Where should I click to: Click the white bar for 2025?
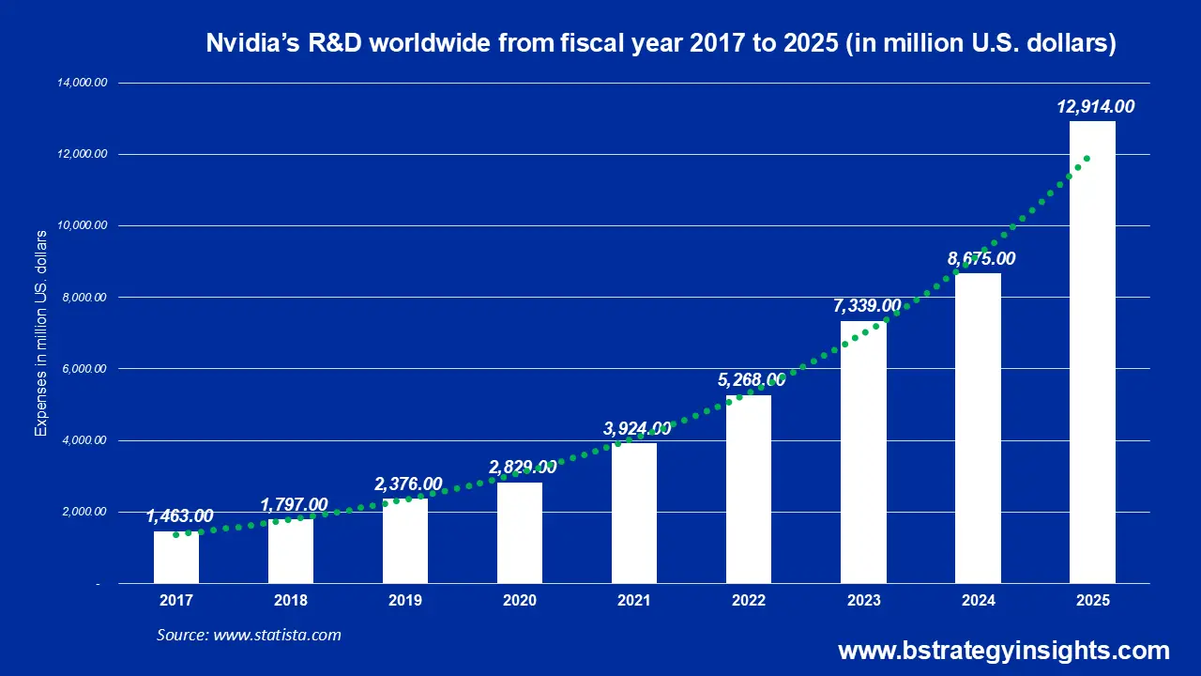tap(1092, 352)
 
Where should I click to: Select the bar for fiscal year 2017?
tap(176, 558)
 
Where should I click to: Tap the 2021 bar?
tap(634, 514)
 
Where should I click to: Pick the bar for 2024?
tap(978, 428)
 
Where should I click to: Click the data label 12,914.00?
tap(1095, 107)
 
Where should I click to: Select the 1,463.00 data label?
tap(179, 516)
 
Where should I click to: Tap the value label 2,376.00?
tap(408, 484)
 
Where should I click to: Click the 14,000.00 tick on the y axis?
tap(83, 83)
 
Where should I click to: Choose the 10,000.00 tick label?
tap(83, 226)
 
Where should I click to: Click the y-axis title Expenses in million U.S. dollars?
tap(40, 333)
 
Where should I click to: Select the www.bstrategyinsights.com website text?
tap(1003, 651)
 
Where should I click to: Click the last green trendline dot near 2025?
tap(1087, 159)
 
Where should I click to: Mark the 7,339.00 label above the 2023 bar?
tap(866, 306)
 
